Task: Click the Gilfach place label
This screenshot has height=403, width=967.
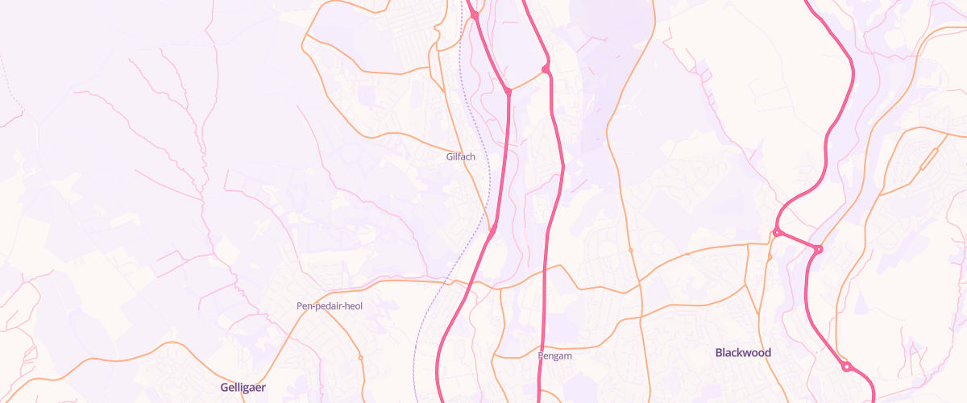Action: [x=460, y=156]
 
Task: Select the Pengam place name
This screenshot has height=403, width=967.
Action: [x=554, y=355]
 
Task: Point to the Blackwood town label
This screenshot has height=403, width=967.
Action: [x=743, y=353]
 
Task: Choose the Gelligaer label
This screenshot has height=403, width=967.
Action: [x=243, y=388]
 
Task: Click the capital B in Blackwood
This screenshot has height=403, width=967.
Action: [x=720, y=353]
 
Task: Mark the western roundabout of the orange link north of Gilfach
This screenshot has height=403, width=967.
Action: [x=508, y=92]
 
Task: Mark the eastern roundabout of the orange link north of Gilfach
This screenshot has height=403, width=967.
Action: [x=546, y=70]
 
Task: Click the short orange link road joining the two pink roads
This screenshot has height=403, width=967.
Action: [x=527, y=81]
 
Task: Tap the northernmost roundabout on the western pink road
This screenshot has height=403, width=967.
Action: [x=475, y=15]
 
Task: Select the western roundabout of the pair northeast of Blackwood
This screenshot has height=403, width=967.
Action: [x=777, y=233]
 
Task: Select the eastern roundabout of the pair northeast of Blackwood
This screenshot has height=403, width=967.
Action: [x=818, y=250]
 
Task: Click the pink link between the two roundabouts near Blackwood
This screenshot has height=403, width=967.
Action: [x=798, y=241]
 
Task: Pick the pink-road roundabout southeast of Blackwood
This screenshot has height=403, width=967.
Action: [x=846, y=368]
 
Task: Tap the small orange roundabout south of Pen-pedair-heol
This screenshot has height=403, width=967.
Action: [x=360, y=357]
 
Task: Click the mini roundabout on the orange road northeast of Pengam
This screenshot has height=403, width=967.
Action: [x=630, y=251]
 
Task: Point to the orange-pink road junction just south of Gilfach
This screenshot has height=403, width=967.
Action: [x=492, y=231]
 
